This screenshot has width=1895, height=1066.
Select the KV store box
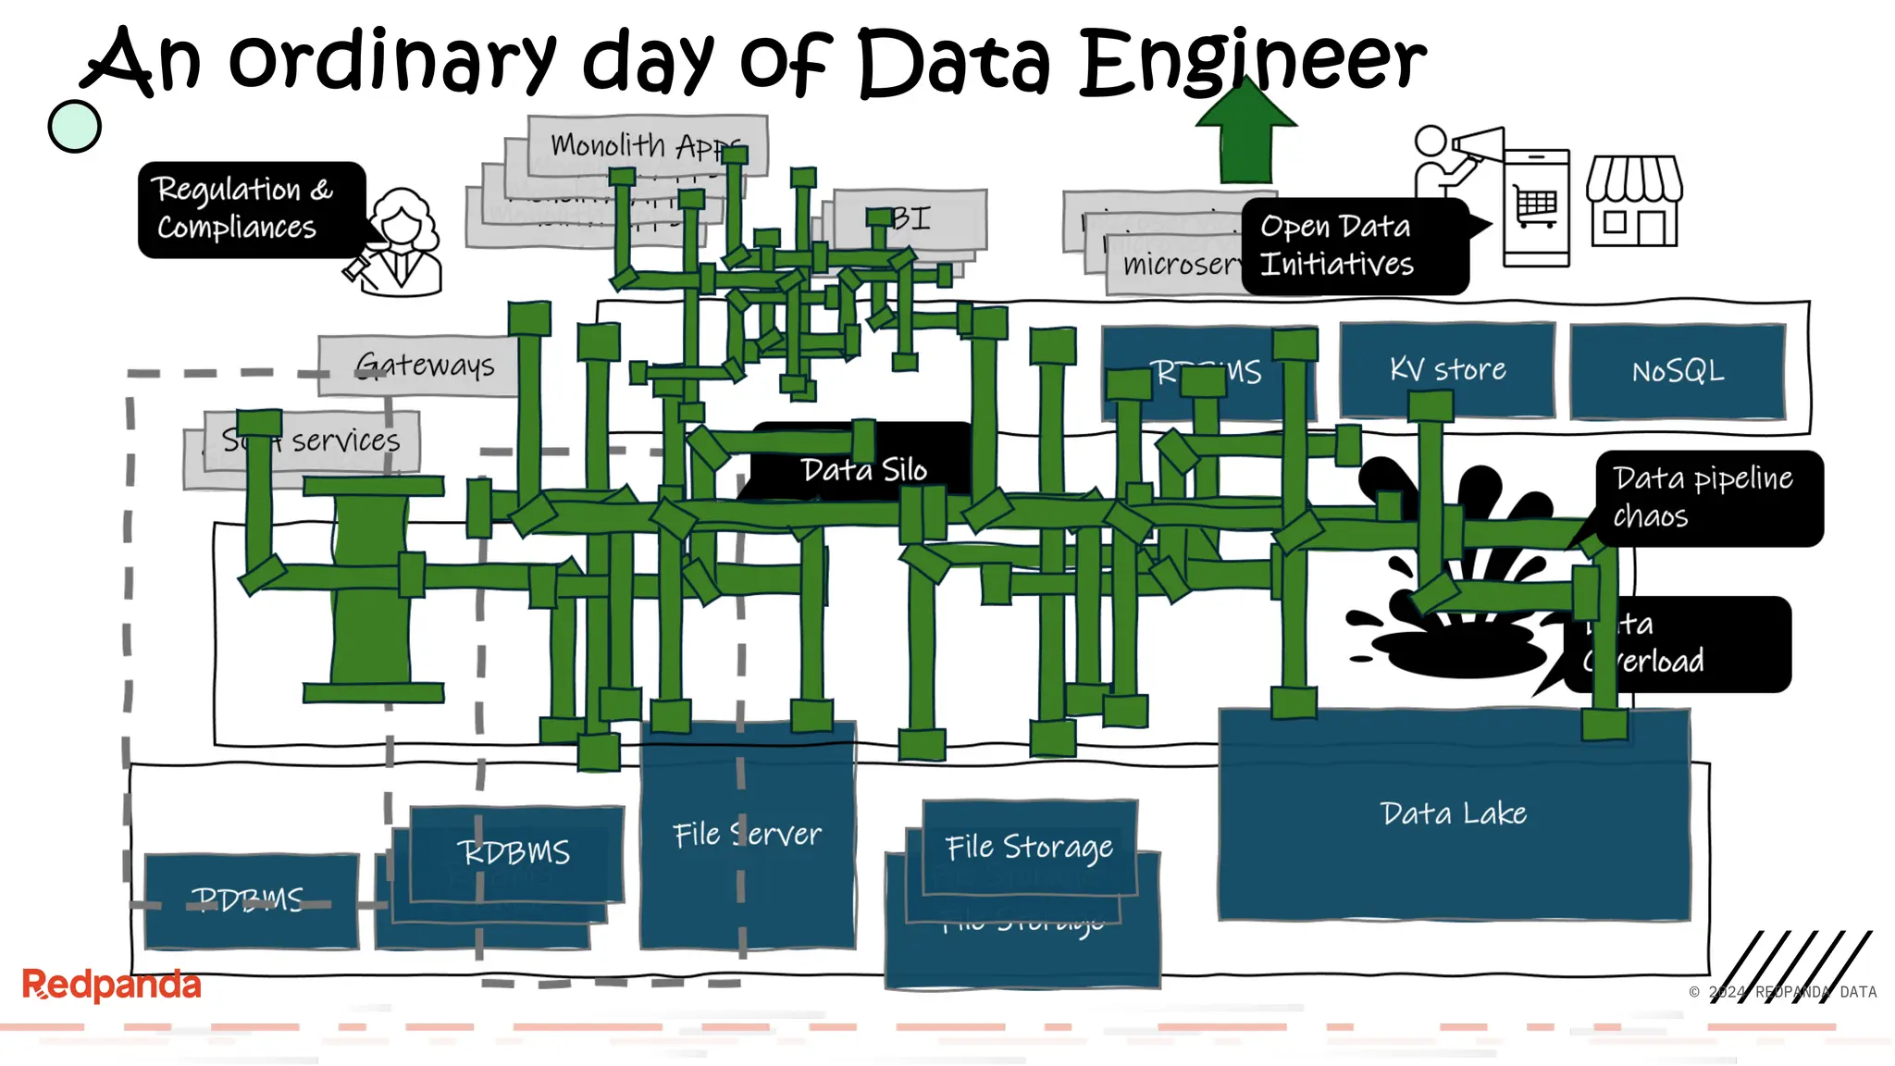(x=1447, y=369)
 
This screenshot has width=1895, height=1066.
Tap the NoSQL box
(x=1678, y=371)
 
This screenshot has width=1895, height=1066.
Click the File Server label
(x=747, y=835)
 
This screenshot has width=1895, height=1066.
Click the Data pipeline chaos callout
(x=1707, y=497)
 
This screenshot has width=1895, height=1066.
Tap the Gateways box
(x=426, y=365)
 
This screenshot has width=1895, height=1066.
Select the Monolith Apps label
(x=638, y=144)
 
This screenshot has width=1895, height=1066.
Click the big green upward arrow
(x=1245, y=134)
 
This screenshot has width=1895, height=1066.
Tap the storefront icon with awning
(x=1634, y=201)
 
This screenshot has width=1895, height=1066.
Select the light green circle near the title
(x=74, y=126)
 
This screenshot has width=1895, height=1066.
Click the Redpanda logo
(x=111, y=984)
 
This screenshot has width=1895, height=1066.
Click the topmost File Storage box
(x=1029, y=846)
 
